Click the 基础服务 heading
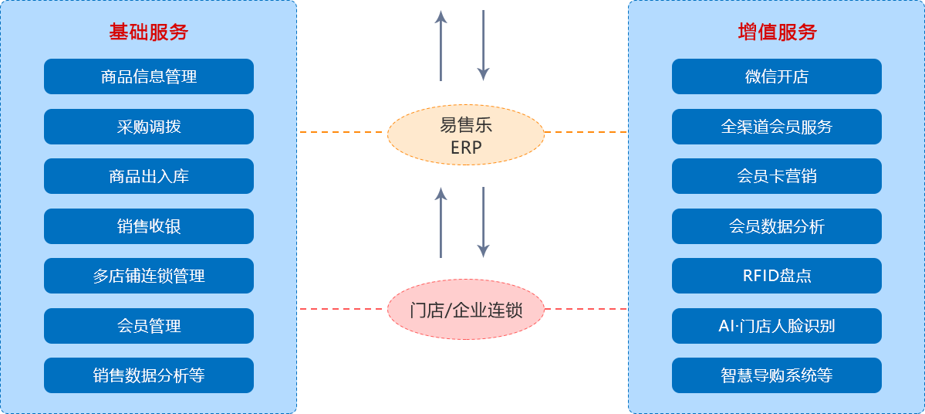(148, 32)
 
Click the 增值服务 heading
(776, 32)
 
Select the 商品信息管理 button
(149, 76)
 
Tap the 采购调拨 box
(149, 127)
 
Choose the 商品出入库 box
(149, 176)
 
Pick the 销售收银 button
(149, 226)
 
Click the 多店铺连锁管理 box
(149, 276)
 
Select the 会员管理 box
(149, 326)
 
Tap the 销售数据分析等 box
(149, 375)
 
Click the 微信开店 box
(777, 76)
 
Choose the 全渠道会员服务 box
(777, 127)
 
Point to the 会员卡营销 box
(777, 176)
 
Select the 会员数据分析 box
(777, 226)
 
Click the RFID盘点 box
(777, 276)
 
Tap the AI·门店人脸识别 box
(777, 326)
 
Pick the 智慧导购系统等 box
(777, 375)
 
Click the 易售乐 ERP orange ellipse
(466, 135)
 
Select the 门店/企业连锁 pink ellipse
(466, 310)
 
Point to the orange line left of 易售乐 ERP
(340, 132)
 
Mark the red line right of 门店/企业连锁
(586, 309)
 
